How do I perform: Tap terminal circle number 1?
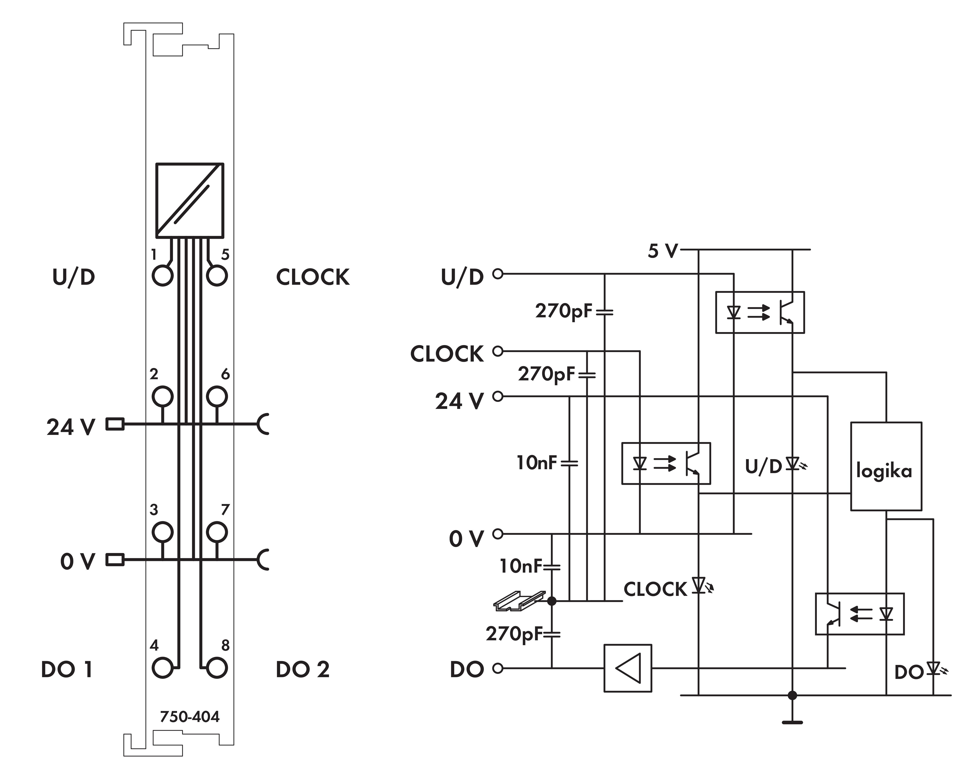pos(162,275)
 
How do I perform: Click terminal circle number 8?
pos(217,668)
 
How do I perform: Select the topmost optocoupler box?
pos(760,312)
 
